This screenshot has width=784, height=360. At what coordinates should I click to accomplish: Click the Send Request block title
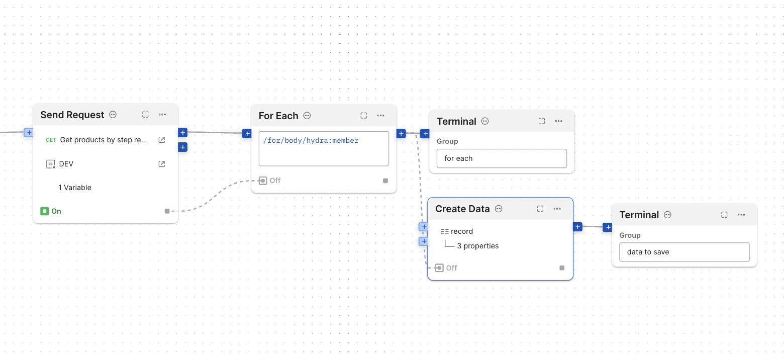pos(72,115)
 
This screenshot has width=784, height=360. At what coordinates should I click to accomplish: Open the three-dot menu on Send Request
pos(162,115)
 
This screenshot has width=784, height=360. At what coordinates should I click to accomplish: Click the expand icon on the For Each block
pos(364,116)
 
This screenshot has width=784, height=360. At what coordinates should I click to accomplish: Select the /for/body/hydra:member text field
pos(324,148)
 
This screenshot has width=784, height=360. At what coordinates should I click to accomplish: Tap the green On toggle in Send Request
pos(51,211)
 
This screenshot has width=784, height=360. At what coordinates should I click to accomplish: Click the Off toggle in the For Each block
pos(270,181)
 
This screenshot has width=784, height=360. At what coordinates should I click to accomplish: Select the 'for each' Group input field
pos(501,158)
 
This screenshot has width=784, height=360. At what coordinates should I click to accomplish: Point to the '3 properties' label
pos(477,246)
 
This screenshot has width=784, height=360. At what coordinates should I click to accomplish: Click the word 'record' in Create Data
pos(461,231)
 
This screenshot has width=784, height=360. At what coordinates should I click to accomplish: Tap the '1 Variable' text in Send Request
pos(75,188)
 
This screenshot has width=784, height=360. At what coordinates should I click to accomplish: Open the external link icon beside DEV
pos(162,164)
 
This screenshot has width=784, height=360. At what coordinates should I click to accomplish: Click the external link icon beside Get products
pos(162,140)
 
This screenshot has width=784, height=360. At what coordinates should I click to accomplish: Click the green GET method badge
pos(51,140)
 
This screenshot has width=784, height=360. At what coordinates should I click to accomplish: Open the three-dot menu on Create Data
pos(557,209)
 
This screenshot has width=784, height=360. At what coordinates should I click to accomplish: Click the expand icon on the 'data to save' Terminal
pos(724,215)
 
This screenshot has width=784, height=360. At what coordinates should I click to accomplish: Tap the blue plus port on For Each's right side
pos(401,134)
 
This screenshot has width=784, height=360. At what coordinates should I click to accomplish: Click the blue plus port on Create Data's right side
pos(577,227)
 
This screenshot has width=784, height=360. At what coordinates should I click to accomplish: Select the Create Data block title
pos(462,209)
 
